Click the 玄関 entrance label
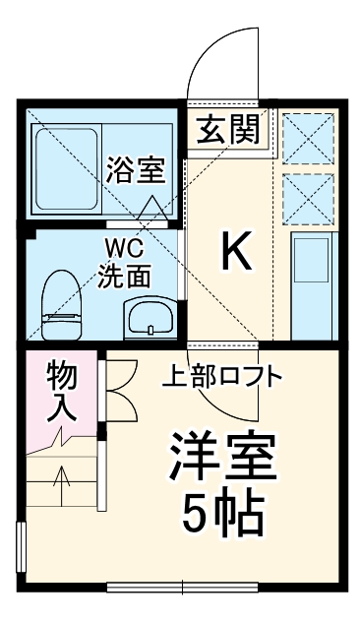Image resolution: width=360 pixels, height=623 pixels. (x=230, y=130)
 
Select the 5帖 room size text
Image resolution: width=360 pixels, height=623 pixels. (x=222, y=511)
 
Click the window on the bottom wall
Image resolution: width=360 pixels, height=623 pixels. (x=183, y=589)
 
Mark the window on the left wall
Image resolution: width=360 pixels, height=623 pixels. (x=22, y=556)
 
